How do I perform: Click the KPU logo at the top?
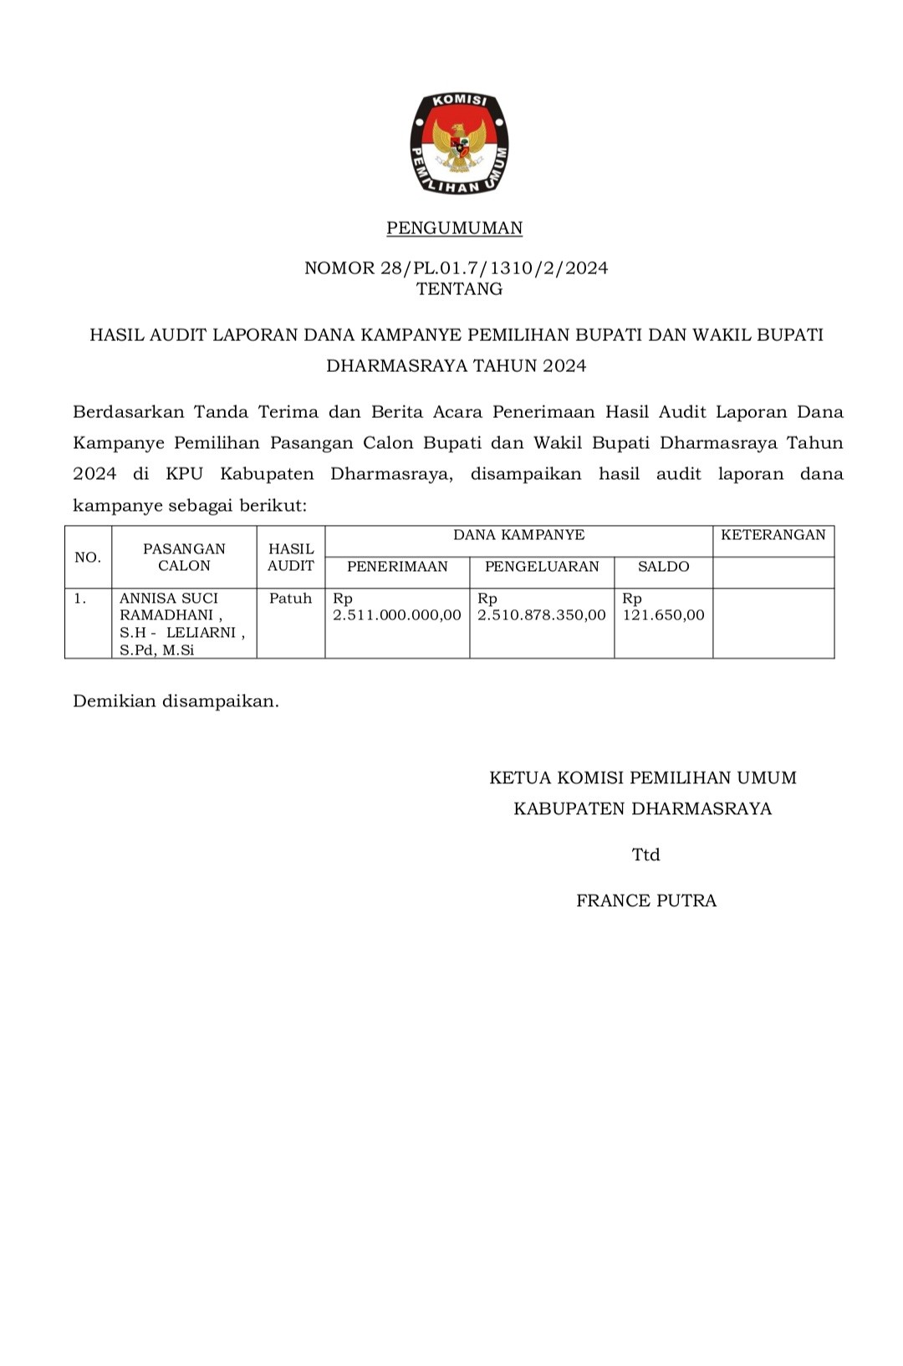459,144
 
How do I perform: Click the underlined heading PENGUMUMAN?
454,228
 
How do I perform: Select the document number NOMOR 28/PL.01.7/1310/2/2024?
456,268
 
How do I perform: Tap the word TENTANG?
459,289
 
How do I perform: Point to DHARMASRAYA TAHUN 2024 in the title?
456,365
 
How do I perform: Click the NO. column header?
88,558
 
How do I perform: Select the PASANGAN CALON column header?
184,558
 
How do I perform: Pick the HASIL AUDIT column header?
290,558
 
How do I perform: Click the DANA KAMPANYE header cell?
518,535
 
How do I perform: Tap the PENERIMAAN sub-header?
397,567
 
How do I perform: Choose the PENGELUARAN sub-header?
542,567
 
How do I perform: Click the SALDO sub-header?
663,567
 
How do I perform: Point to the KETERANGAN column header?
773,535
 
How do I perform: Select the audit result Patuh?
290,599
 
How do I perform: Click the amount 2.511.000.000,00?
397,615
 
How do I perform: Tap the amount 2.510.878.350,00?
542,615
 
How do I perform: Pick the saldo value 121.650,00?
663,615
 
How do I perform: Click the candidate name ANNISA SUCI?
169,599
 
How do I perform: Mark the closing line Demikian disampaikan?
176,701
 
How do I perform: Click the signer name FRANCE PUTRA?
646,901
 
